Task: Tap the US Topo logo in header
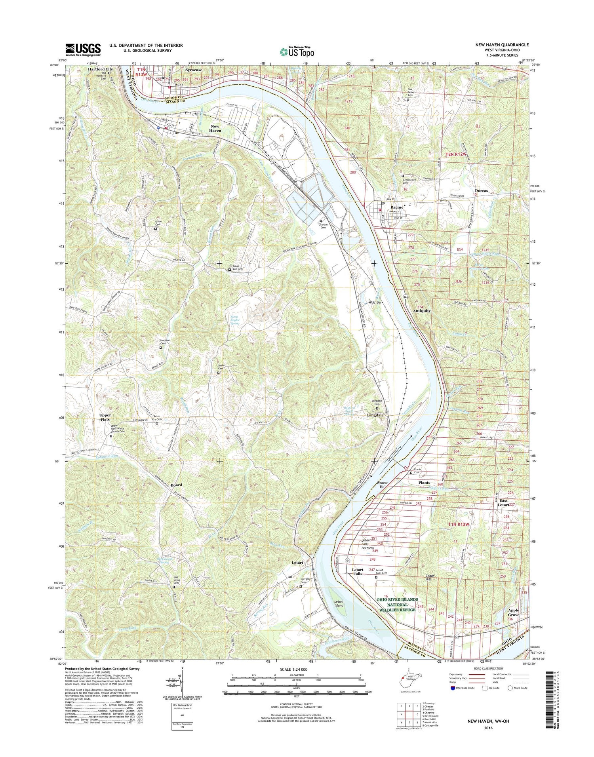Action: (x=297, y=51)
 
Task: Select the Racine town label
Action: (x=397, y=207)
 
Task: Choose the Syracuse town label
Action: (x=194, y=70)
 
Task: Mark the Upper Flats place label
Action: (x=105, y=417)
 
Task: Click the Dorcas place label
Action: (x=481, y=191)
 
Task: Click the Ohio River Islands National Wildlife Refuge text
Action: (x=397, y=605)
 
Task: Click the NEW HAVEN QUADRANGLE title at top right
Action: (x=502, y=45)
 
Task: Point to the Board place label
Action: (x=177, y=485)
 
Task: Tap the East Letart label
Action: (x=503, y=502)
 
